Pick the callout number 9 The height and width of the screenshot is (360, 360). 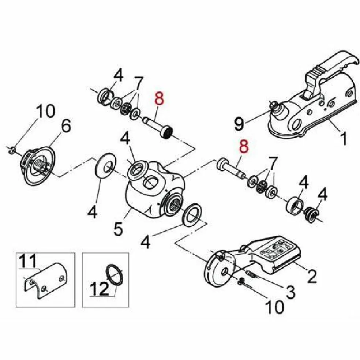[239, 124]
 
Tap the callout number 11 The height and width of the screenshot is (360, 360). [28, 261]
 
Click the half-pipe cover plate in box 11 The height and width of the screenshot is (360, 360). [45, 280]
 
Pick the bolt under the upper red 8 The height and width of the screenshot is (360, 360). [158, 127]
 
